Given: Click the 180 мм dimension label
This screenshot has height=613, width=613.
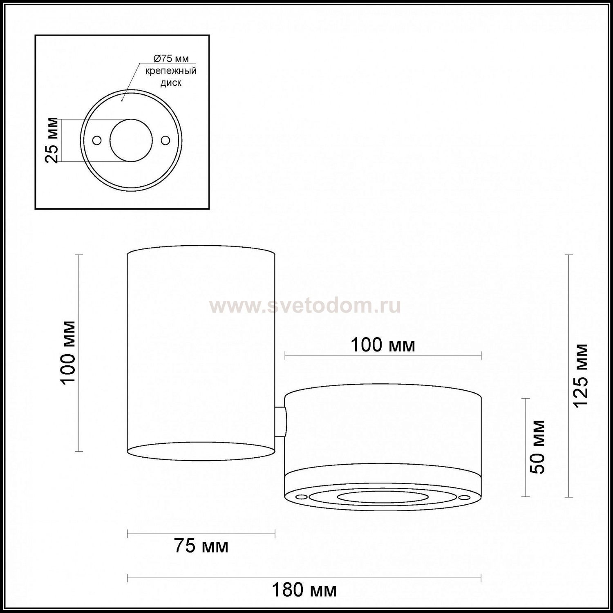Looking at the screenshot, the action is pos(304,590).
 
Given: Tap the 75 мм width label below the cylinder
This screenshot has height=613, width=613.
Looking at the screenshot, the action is pos(201,546).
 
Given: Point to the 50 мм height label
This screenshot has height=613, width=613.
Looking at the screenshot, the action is pos(538,447).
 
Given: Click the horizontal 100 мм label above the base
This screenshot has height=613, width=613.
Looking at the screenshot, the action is pos(383,345).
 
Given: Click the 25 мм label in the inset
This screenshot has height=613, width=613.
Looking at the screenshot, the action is pos(51,141).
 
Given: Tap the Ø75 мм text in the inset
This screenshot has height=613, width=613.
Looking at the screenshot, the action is pos(171,59).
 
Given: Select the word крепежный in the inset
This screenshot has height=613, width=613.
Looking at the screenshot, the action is pos(171,71).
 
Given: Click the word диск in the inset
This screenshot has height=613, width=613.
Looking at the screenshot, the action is pos(171,83).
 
